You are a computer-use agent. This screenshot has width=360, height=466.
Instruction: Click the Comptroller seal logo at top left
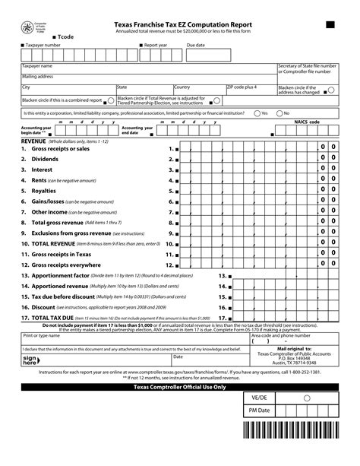(x=30, y=29)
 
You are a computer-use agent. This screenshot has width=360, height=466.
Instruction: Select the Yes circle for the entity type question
(x=255, y=113)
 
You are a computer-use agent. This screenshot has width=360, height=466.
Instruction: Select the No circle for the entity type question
(x=278, y=113)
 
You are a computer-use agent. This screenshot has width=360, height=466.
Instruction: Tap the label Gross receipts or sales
(x=60, y=149)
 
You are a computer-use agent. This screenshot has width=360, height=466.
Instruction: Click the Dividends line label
(x=44, y=160)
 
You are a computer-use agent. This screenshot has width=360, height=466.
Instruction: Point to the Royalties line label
(x=43, y=191)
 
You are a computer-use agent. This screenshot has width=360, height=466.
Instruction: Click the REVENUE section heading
(x=33, y=141)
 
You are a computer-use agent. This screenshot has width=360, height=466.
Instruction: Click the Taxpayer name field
(x=148, y=69)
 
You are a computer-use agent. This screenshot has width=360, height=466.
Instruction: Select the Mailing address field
(x=148, y=79)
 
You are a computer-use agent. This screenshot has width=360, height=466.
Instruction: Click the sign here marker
(x=30, y=360)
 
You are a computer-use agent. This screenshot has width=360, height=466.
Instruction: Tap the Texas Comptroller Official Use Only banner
(x=180, y=387)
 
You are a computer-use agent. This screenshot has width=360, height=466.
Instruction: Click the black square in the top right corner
(x=330, y=25)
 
